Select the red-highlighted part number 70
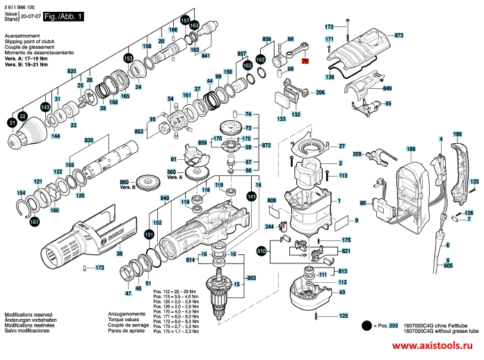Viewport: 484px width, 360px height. (304, 62)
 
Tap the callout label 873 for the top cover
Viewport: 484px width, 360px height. (398, 34)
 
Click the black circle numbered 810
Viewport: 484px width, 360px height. (261, 250)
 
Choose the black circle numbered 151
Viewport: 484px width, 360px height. (149, 234)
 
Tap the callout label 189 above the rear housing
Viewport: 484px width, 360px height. (411, 149)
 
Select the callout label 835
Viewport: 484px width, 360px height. (88, 141)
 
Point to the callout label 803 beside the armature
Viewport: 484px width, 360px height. (252, 278)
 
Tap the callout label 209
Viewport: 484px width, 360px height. (357, 154)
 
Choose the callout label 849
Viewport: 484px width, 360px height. (387, 89)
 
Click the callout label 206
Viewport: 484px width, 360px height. (320, 92)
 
